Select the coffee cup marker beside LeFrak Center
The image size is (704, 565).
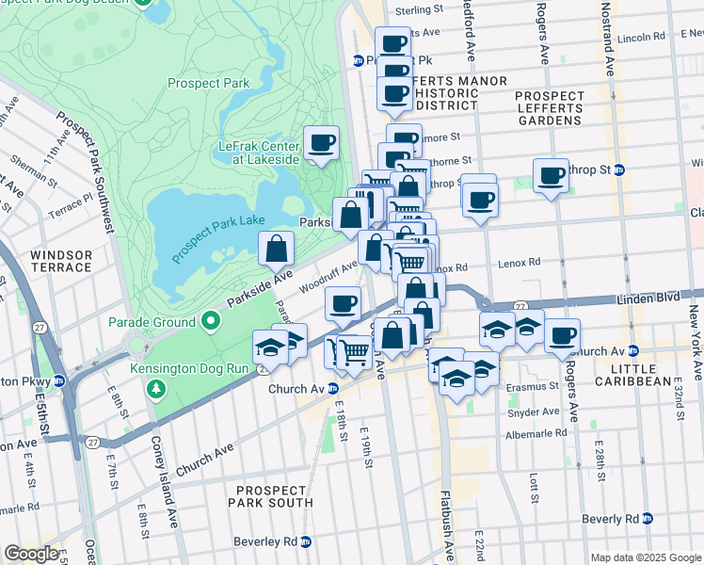pos(321,143)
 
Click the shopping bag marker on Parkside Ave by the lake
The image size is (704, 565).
pos(277,250)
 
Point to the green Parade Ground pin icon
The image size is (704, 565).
pos(210,322)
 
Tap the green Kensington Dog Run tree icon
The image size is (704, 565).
pos(157,388)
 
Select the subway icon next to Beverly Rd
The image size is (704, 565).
pos(647,519)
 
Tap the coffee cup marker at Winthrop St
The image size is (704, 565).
pos(551,175)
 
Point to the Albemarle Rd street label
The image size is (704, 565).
pos(536,433)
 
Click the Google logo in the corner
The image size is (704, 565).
pos(31,554)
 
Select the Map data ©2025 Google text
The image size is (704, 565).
pos(646,557)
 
